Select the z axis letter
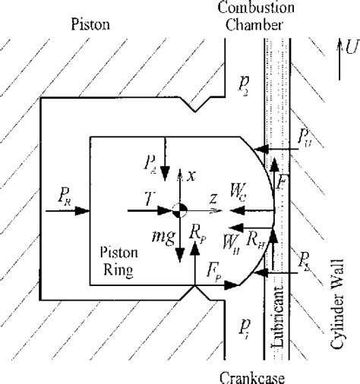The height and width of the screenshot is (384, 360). click(215, 198)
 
